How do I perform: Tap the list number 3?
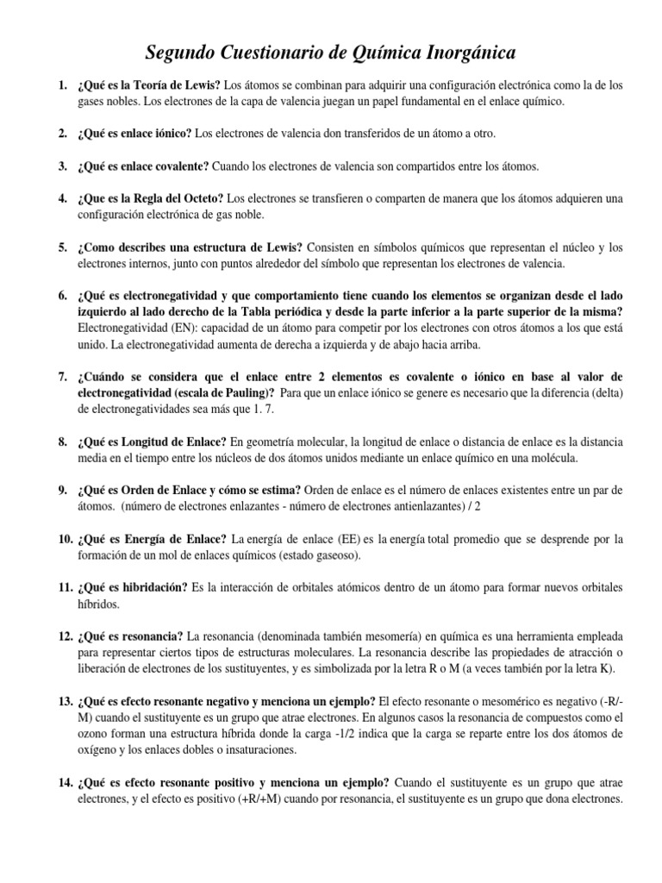point(63,165)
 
